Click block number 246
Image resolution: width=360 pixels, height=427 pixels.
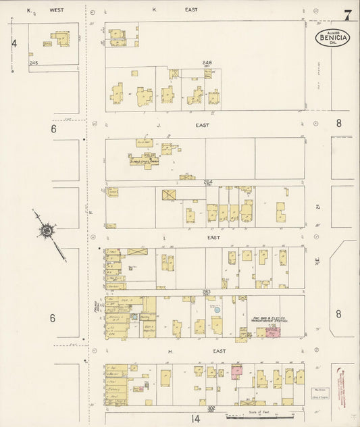coord(207,63)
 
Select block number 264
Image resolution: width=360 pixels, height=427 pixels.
coord(209,181)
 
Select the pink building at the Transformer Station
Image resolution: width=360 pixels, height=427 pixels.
coord(273,333)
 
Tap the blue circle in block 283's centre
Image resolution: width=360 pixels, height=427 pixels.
coord(216,309)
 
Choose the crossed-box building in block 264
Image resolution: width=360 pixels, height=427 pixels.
coord(168,195)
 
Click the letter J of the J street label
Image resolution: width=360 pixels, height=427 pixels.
coord(157,125)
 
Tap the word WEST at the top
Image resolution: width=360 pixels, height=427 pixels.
coord(56,10)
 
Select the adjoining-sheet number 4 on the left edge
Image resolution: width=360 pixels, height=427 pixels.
coord(14,43)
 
